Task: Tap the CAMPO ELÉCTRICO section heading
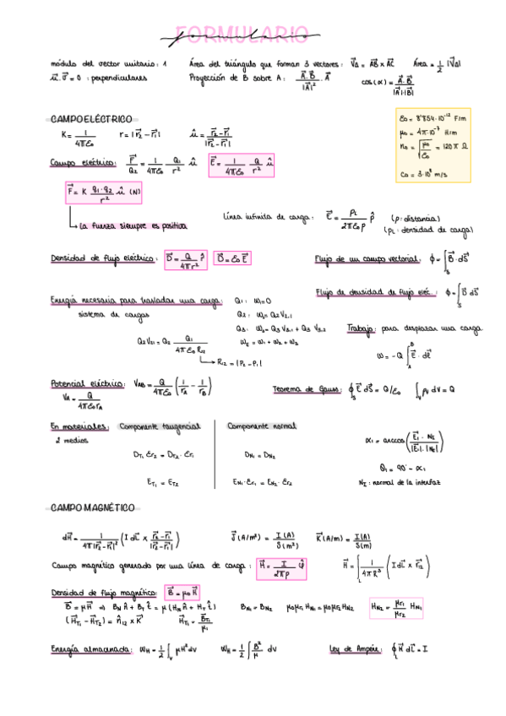click(x=91, y=119)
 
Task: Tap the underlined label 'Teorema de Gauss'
click(x=302, y=389)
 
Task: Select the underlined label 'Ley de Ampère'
click(x=354, y=648)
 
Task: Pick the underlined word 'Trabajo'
click(x=362, y=328)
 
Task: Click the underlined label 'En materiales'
click(x=78, y=426)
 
